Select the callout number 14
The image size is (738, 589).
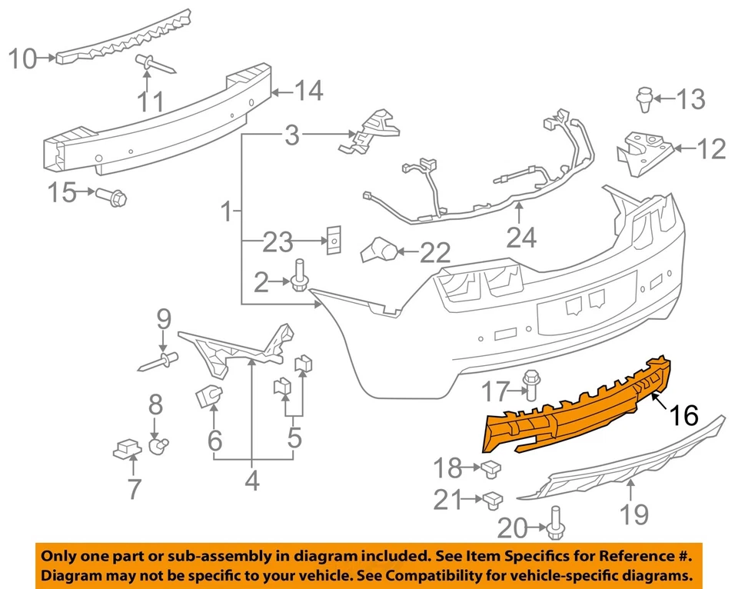click(x=308, y=92)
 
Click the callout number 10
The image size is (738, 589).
click(x=24, y=58)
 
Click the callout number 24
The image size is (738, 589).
click(x=521, y=239)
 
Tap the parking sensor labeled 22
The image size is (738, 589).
click(x=380, y=250)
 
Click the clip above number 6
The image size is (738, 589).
click(x=208, y=395)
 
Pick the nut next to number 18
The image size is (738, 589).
click(x=490, y=466)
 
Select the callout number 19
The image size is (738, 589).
click(x=634, y=514)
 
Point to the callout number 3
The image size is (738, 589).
click(x=291, y=137)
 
